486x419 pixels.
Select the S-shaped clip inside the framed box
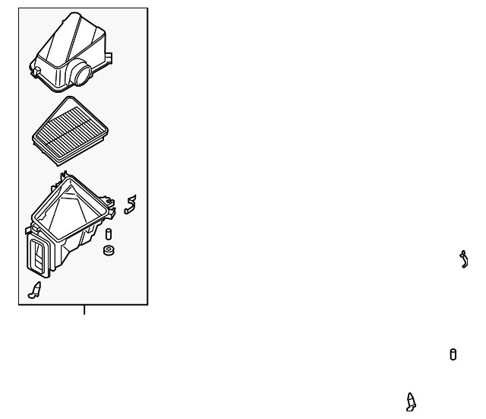[131, 203]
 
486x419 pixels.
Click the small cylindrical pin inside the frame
[109, 233]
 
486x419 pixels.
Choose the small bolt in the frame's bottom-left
[34, 290]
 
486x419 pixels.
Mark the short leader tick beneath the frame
[84, 309]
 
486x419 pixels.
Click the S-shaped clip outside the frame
[462, 259]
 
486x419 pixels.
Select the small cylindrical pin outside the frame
[453, 354]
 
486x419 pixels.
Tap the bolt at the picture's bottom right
[411, 401]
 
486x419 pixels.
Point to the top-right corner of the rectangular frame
[147, 9]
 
